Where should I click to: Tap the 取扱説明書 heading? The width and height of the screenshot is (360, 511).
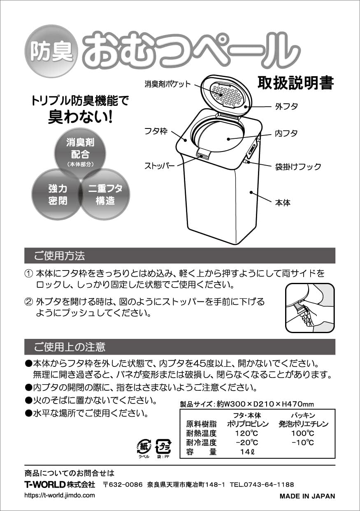point(295,83)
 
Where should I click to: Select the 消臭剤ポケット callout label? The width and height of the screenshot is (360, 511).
point(167,84)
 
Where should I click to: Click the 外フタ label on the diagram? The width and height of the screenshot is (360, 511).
point(286,106)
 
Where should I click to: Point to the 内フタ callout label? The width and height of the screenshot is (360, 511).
point(286,133)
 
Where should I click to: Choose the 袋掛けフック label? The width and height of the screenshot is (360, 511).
point(298,167)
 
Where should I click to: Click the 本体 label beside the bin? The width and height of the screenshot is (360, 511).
point(283,203)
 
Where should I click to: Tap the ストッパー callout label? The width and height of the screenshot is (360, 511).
point(159,166)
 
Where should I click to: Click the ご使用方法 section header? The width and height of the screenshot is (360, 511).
point(60,256)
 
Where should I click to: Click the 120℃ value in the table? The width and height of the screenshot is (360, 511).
point(247,433)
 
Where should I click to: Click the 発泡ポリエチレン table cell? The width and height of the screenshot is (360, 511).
point(303,424)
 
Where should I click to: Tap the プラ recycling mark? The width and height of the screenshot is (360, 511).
point(163,446)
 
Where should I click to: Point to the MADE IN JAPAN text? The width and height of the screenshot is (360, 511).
point(307,496)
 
